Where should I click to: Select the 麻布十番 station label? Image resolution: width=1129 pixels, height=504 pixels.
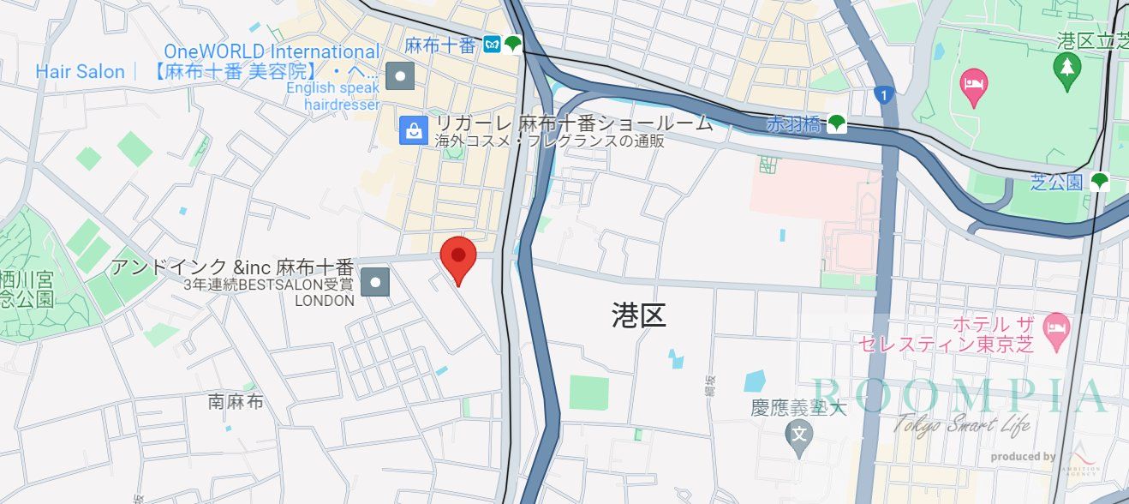440,45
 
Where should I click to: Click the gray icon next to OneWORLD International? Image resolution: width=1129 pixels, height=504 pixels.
400,76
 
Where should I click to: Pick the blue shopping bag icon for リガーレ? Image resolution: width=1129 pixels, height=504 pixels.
414,130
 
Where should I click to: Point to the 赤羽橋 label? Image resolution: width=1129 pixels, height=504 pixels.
793,124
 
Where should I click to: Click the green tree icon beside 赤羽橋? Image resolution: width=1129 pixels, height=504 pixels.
837,124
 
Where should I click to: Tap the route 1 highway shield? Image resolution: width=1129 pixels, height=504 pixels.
883,94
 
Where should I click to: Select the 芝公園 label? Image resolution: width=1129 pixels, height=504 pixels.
1058,182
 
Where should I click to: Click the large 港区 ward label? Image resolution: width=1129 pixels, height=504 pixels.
639,315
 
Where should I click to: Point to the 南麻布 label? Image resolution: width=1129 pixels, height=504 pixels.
236,400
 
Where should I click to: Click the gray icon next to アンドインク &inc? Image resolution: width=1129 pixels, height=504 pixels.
375,281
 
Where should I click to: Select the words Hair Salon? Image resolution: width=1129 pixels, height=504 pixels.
80,72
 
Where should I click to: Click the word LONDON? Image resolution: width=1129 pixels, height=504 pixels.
325,301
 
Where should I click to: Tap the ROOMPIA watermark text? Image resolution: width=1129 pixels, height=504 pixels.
959,396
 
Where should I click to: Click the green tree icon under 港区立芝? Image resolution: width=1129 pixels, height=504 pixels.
1067,68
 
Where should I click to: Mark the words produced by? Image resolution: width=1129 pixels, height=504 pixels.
1023,457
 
